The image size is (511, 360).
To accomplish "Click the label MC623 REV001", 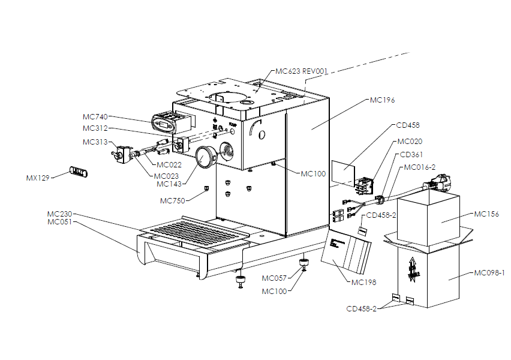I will point(302,71).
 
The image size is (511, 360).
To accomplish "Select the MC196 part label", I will point(382,100).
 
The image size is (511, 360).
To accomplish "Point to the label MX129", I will point(38,178).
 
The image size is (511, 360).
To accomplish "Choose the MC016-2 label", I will point(420,167).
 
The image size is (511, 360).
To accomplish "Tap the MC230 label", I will point(60,214).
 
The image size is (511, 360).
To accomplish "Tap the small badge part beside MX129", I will point(79,172).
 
